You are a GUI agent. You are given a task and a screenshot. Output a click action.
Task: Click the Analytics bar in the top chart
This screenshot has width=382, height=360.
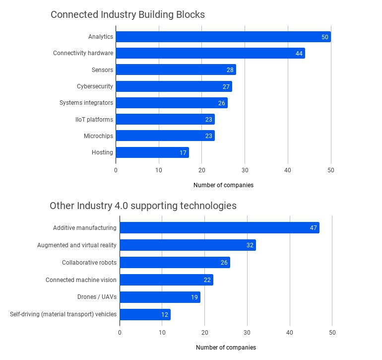tap(223, 37)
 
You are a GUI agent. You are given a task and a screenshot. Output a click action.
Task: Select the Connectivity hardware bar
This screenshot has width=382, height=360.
tap(210, 53)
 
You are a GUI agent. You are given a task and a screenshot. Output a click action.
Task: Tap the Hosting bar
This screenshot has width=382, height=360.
tap(152, 152)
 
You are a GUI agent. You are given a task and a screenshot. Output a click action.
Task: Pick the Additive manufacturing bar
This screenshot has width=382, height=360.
tap(219, 228)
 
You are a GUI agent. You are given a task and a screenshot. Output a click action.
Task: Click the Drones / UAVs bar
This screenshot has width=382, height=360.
tap(160, 297)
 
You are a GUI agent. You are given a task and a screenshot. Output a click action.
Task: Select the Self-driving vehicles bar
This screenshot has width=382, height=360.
tap(145, 314)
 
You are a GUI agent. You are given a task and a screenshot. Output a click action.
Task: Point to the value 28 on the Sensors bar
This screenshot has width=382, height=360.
tap(230, 70)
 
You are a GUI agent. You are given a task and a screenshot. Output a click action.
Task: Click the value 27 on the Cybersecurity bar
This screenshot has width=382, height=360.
tap(226, 86)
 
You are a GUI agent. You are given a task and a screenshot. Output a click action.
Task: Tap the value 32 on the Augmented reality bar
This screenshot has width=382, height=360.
tap(250, 245)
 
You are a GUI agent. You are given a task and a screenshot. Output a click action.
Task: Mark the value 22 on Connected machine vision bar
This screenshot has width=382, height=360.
tap(207, 280)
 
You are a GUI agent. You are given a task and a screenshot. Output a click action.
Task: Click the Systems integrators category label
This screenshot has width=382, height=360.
tap(86, 103)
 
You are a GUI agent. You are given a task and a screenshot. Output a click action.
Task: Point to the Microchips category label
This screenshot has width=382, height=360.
tap(98, 136)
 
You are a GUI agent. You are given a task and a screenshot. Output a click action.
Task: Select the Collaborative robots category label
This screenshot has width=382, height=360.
tap(89, 263)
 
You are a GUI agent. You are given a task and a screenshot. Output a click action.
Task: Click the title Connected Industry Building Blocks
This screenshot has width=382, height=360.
tap(127, 15)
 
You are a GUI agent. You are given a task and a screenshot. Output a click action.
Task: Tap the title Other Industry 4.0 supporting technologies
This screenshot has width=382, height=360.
tap(143, 206)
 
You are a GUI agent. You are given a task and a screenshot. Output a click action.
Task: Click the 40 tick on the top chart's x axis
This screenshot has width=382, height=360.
tap(288, 170)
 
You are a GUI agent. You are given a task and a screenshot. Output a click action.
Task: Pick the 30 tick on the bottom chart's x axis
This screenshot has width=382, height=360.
tap(248, 333)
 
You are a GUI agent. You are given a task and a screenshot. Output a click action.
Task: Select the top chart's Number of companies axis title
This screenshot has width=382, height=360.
tap(223, 185)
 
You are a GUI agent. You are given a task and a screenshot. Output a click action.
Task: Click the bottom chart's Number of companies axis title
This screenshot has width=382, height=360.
tap(226, 348)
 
